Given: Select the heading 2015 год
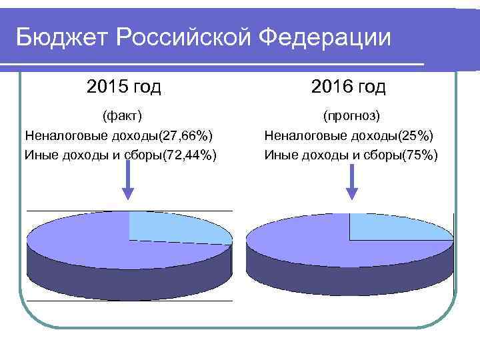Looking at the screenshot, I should click(x=123, y=87).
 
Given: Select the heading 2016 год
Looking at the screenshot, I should click(x=348, y=87).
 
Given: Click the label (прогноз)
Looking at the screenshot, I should click(x=351, y=116).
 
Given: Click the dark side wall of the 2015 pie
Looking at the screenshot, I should click(x=127, y=280).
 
